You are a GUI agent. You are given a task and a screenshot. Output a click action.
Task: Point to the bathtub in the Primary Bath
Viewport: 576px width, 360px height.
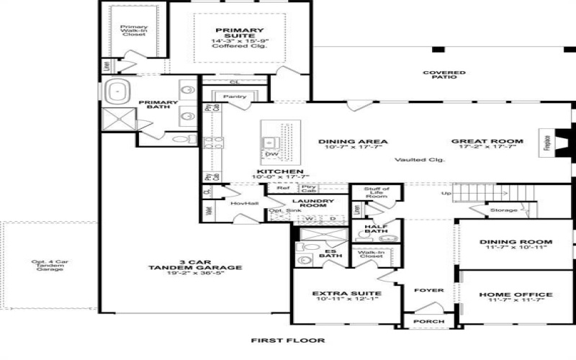(x=118, y=91)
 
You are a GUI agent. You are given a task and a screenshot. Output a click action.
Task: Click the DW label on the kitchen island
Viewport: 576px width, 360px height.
(x=271, y=153)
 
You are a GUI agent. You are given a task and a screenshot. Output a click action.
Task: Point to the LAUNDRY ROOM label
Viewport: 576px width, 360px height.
(x=312, y=204)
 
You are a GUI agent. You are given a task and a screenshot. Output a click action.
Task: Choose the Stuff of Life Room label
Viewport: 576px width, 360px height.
(x=376, y=192)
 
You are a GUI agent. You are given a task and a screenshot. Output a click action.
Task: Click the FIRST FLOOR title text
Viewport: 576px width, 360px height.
(x=287, y=340)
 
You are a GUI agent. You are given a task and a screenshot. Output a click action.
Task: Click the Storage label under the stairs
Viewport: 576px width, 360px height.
(x=503, y=210)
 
